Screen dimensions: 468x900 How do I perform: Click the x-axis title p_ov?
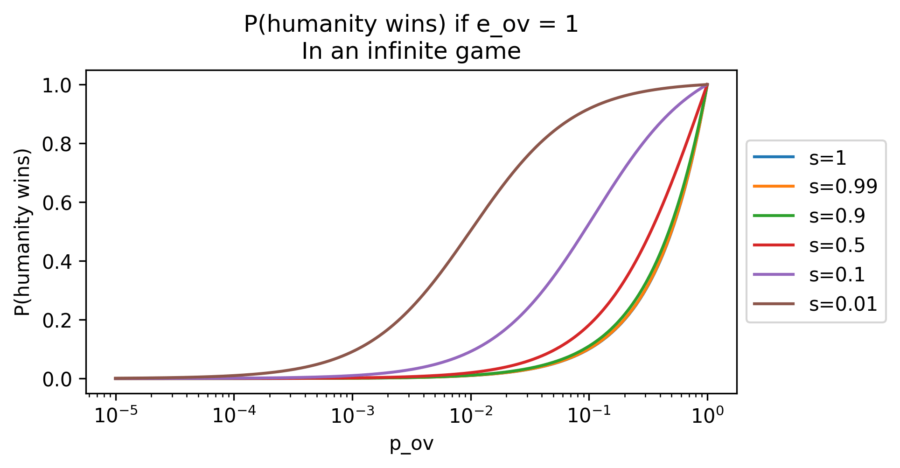(x=411, y=445)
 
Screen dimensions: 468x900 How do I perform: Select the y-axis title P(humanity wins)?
(x=22, y=232)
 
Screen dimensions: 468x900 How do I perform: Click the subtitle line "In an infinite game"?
(x=411, y=51)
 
